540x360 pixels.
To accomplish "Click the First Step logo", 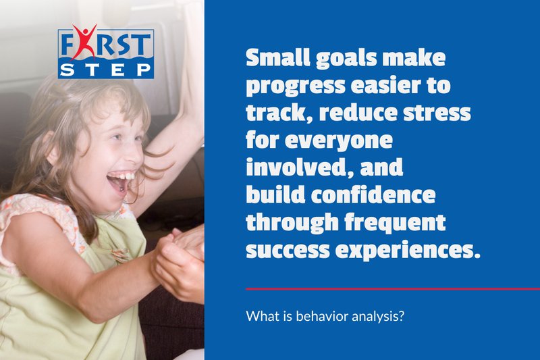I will [106, 52].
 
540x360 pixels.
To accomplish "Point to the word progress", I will [290, 88].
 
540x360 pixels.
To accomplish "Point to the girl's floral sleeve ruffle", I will [34, 209].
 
